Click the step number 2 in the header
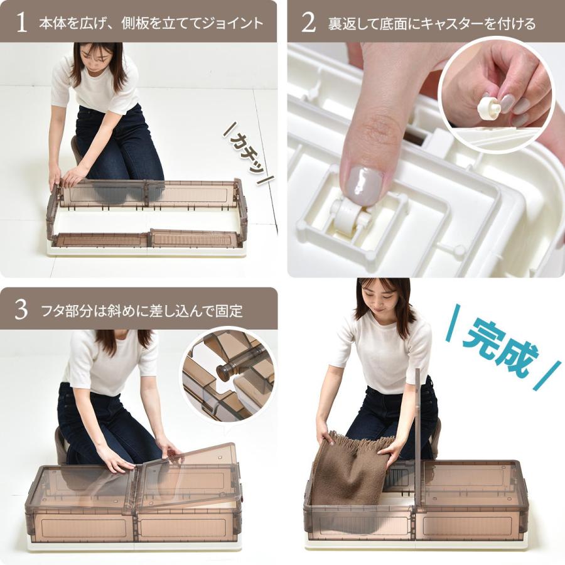(x=308, y=23)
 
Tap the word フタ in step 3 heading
(x=51, y=310)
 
